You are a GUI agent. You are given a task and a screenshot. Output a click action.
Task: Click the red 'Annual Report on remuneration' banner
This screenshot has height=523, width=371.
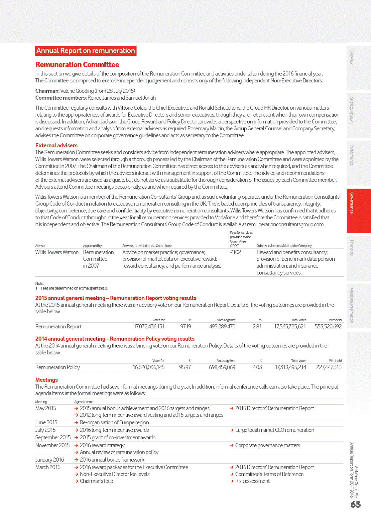tap(86, 51)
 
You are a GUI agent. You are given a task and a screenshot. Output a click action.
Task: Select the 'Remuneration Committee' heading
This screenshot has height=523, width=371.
tap(77, 65)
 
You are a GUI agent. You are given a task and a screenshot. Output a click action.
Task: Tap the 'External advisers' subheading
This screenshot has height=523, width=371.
tap(56, 145)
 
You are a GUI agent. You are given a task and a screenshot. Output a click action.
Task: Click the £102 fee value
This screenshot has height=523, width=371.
tap(236, 252)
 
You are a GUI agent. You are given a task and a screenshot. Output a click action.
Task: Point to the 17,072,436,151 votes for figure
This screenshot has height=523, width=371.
tap(149, 327)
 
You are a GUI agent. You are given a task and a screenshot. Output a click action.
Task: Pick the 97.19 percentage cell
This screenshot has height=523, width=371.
tap(185, 327)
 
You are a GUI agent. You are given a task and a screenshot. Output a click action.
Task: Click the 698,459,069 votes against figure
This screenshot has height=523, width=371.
tap(222, 367)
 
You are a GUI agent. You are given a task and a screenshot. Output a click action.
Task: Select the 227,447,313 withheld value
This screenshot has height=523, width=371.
tap(329, 367)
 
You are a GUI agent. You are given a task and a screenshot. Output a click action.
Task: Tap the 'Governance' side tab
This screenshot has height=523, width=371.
tap(359, 211)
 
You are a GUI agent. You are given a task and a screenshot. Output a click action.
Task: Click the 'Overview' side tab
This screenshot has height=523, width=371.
tap(359, 68)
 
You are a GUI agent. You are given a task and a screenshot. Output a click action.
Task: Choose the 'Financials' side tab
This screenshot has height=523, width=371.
tap(359, 258)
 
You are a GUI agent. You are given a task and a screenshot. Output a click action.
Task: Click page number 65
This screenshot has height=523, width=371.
tap(356, 505)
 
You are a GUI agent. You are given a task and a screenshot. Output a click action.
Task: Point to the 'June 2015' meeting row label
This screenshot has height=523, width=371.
tap(46, 422)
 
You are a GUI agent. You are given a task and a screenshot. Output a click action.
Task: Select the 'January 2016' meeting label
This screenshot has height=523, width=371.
tap(50, 460)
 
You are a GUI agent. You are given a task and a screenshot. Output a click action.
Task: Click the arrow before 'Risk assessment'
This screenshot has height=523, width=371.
tap(231, 481)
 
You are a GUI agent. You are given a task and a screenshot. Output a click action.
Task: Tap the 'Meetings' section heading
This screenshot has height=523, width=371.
tap(46, 380)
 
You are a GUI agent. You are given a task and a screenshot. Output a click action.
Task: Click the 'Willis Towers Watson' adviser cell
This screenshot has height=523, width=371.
tap(57, 252)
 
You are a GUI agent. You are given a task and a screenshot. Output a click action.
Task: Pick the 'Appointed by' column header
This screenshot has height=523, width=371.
tap(92, 246)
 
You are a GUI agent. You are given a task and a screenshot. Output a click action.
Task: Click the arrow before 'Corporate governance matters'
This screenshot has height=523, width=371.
tap(231, 445)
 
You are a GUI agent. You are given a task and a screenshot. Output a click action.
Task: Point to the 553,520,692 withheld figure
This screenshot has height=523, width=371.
tap(328, 327)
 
